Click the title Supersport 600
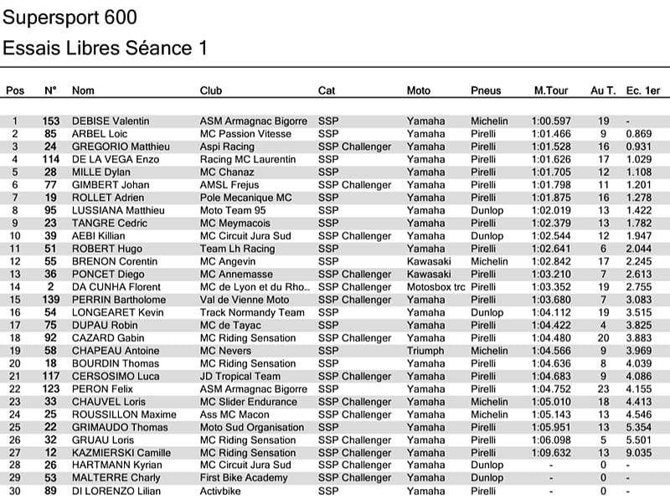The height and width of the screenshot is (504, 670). coord(70,18)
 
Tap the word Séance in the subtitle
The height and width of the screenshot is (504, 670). coord(158,48)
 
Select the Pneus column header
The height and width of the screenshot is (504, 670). coord(486,90)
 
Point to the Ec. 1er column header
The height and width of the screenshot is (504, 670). coord(642,90)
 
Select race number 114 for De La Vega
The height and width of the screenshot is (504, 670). coord(50,159)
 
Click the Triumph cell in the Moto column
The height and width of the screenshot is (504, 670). coord(425,351)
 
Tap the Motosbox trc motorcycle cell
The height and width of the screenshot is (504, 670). coord(435,287)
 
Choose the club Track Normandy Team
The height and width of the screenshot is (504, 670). coord(252,312)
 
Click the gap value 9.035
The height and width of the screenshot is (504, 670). coord(638,453)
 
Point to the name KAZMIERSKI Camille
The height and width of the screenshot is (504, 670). coord(121,453)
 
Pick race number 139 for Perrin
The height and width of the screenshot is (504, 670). coord(50,300)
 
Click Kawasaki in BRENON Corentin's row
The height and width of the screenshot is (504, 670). coord(428,261)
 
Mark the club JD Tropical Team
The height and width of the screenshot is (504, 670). coord(240,376)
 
